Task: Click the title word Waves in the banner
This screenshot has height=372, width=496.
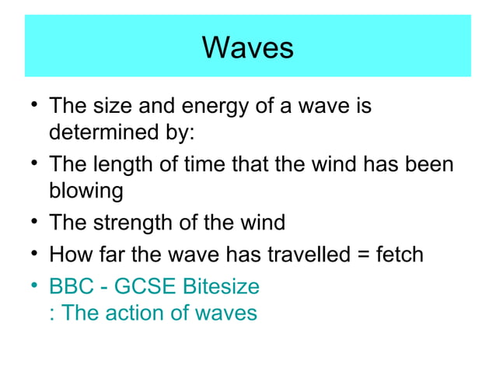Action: point(247,47)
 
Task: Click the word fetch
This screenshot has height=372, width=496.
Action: point(397,254)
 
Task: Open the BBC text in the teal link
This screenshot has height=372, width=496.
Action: point(72,286)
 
